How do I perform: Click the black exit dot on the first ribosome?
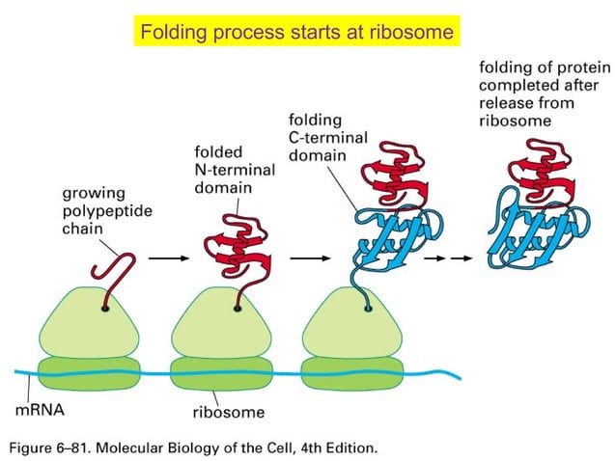pos(103,309)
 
